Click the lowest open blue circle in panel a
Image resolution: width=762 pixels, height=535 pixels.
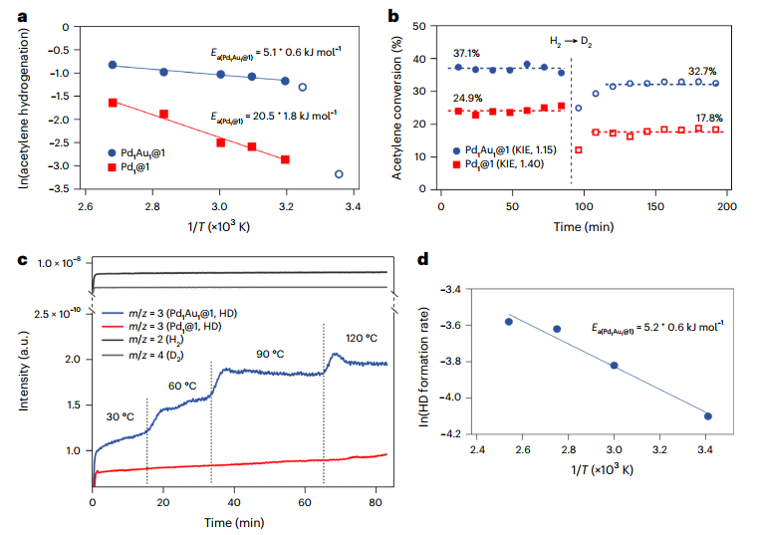pos(339,174)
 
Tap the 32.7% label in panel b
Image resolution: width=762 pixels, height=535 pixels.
pos(702,72)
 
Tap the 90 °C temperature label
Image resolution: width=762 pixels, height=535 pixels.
pos(265,354)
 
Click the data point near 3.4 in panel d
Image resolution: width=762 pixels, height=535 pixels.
pos(706,416)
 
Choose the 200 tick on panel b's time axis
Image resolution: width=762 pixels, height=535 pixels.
pos(726,204)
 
